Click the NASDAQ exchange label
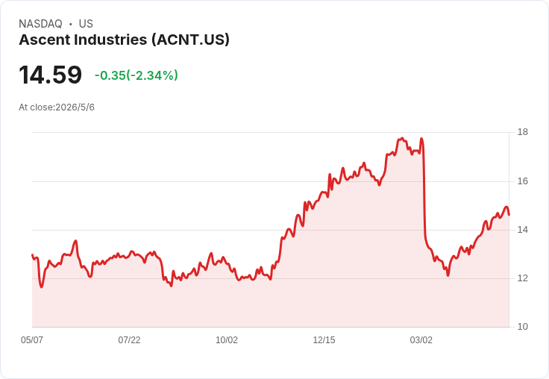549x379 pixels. (x=40, y=24)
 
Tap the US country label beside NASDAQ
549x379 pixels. (x=86, y=24)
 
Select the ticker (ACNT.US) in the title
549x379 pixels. (x=190, y=40)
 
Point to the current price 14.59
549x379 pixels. (x=51, y=75)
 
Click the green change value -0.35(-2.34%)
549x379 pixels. (x=137, y=75)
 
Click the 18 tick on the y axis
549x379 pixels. (x=523, y=132)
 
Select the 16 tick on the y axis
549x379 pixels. (x=523, y=181)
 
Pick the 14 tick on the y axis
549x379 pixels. (x=523, y=230)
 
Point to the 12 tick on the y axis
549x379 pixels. (x=523, y=278)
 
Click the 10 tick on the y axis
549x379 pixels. (x=523, y=327)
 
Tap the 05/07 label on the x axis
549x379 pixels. (x=32, y=340)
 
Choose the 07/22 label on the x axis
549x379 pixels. (x=129, y=340)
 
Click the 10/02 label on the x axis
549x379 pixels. (x=227, y=340)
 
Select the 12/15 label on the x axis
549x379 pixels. (x=324, y=340)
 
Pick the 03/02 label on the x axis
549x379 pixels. (x=421, y=340)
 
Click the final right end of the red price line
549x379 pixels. (x=509, y=215)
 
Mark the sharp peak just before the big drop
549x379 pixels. (x=421, y=138)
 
